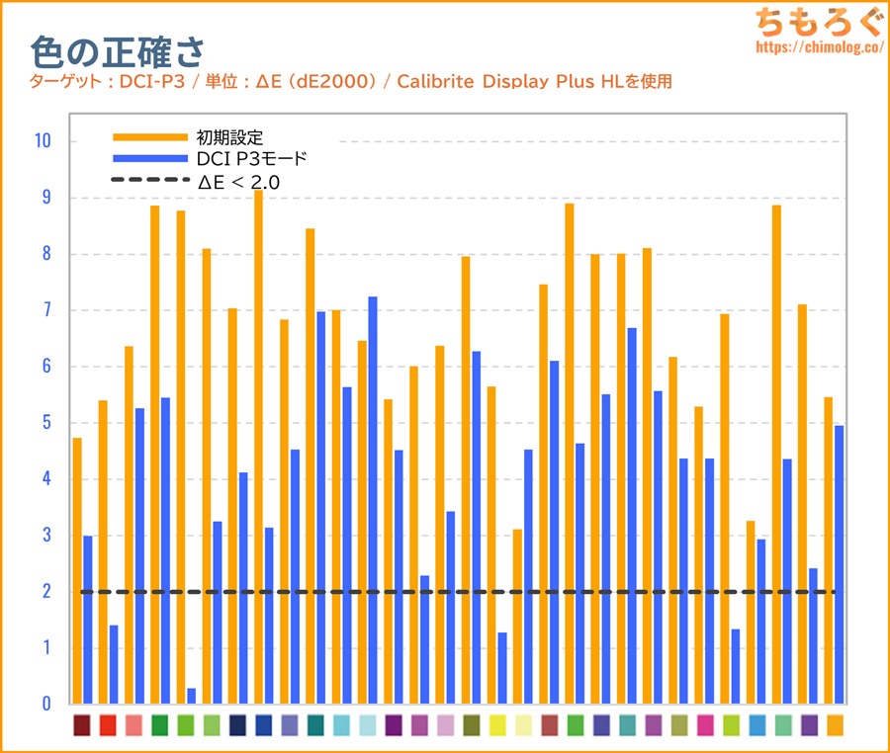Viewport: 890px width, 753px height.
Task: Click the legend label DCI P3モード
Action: pyautogui.click(x=253, y=158)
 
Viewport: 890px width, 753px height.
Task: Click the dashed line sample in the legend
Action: pyautogui.click(x=148, y=180)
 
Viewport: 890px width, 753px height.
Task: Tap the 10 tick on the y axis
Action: pyautogui.click(x=42, y=141)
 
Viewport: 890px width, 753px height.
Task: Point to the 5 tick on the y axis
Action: pyautogui.click(x=45, y=423)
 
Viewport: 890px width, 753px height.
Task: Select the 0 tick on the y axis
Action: pyautogui.click(x=45, y=705)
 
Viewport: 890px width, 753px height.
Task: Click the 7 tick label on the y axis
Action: pyautogui.click(x=45, y=310)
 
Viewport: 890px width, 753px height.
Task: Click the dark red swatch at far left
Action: pyautogui.click(x=82, y=725)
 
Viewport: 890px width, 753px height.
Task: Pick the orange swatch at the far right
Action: pyautogui.click(x=835, y=725)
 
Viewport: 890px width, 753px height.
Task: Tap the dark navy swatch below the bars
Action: pyautogui.click(x=237, y=725)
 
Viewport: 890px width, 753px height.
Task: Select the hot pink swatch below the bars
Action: pyautogui.click(x=705, y=725)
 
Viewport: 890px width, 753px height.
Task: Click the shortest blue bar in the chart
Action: pyautogui.click(x=191, y=697)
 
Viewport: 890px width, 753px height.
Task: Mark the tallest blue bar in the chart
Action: pyautogui.click(x=372, y=500)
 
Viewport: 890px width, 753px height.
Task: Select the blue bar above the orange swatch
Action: pyautogui.click(x=839, y=564)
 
